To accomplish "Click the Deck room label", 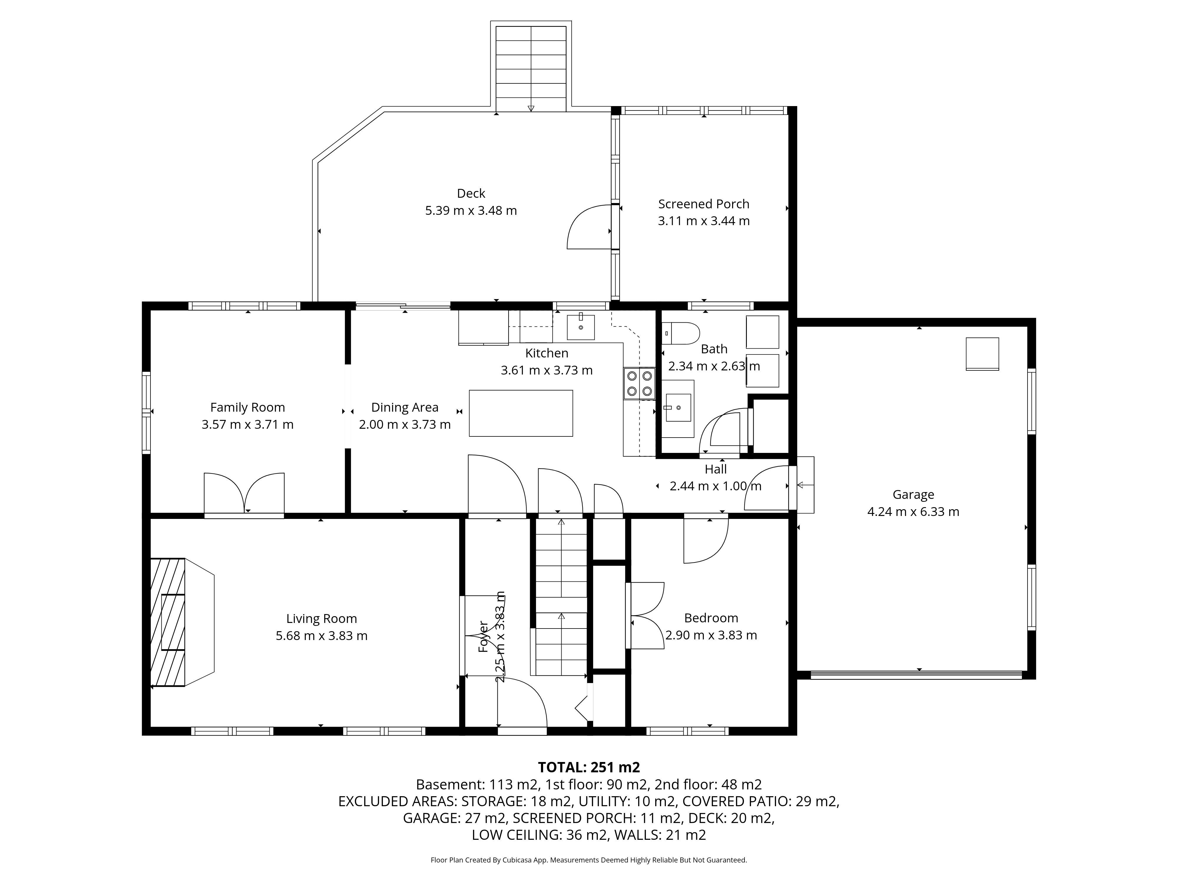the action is click(471, 193).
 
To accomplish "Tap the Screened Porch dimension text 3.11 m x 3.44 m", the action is click(704, 221).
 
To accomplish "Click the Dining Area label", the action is click(405, 408).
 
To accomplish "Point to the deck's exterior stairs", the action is click(531, 68).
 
